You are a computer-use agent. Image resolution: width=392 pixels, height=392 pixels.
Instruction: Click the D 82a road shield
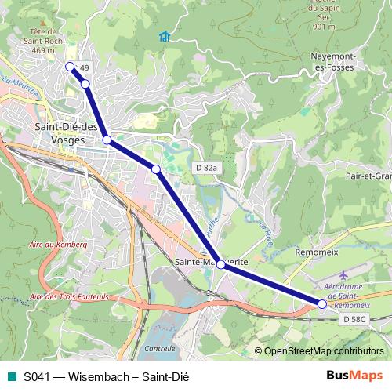[205, 168]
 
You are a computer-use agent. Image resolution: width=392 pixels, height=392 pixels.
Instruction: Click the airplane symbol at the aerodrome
[346, 277]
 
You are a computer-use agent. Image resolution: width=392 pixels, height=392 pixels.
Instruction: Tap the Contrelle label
[160, 348]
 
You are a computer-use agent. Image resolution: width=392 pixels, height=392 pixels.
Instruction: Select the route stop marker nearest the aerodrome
[322, 303]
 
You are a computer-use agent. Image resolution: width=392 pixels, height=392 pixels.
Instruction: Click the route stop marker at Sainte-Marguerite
[221, 265]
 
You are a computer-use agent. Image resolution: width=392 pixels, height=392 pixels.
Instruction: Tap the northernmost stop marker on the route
[70, 67]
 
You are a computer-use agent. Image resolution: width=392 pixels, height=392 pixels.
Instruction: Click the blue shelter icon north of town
[164, 37]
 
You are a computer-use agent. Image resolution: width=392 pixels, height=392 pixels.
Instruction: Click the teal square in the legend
[10, 376]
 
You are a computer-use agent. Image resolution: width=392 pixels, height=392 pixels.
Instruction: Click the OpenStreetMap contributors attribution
[323, 350]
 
